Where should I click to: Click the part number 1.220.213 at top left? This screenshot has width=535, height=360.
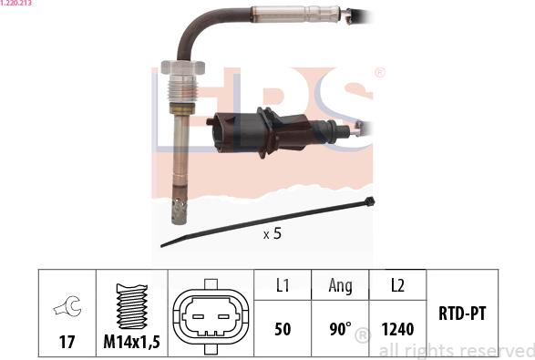pyautogui.click(x=15, y=3)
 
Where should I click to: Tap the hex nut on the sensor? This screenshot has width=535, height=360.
pyautogui.click(x=182, y=67)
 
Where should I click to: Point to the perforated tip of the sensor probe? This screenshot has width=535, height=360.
pyautogui.click(x=179, y=211)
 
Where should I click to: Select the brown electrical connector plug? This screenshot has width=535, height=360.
pyautogui.click(x=260, y=132)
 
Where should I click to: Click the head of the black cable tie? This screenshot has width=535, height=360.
pyautogui.click(x=369, y=201)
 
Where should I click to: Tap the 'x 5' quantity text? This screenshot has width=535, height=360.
pyautogui.click(x=273, y=234)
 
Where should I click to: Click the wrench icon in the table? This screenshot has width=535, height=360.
pyautogui.click(x=67, y=306)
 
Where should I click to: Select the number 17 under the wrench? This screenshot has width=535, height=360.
pyautogui.click(x=67, y=342)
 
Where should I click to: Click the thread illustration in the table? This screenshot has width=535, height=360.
pyautogui.click(x=132, y=305)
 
